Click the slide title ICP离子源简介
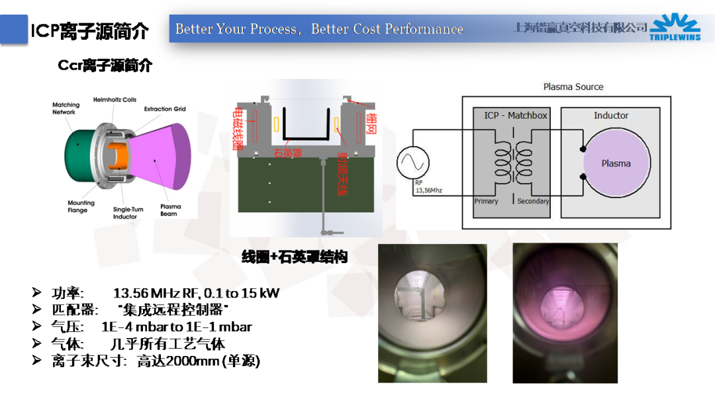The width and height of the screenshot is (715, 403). (90, 30)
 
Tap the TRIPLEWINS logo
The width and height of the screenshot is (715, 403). (675, 29)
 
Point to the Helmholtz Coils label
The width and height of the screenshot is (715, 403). (115, 99)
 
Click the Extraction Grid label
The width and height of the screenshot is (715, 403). (165, 109)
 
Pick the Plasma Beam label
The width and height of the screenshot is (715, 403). (170, 210)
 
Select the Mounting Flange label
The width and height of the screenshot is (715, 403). (81, 206)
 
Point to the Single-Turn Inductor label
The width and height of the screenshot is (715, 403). (128, 213)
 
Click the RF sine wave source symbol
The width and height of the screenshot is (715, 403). (413, 162)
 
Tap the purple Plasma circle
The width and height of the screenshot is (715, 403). (616, 163)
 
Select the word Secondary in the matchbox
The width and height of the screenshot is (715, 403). (533, 201)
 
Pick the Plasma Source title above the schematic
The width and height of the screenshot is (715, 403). (573, 87)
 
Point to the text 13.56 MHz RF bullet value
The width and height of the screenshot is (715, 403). (196, 293)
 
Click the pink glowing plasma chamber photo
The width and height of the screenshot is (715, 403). (565, 313)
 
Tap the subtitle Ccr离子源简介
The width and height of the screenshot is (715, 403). (105, 65)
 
